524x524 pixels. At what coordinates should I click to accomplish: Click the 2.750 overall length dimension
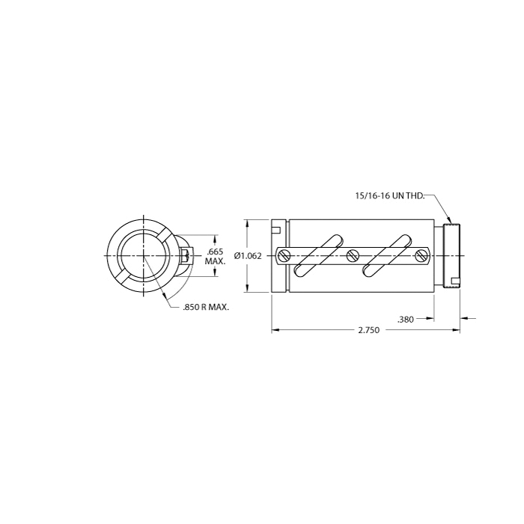coord(369,330)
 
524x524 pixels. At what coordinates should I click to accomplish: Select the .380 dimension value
coord(406,320)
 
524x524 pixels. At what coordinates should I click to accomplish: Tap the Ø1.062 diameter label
coord(248,256)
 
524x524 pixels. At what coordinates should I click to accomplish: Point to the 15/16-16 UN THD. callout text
coord(390,196)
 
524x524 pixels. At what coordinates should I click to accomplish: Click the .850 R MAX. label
coord(206,307)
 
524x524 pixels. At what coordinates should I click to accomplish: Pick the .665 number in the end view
coord(215,252)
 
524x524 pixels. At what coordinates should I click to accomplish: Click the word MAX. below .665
coord(216,261)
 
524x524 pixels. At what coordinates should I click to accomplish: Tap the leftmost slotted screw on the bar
coord(284,256)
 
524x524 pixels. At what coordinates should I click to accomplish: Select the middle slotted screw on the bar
coord(352,256)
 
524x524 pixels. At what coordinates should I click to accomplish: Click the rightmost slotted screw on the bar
coord(421,256)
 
